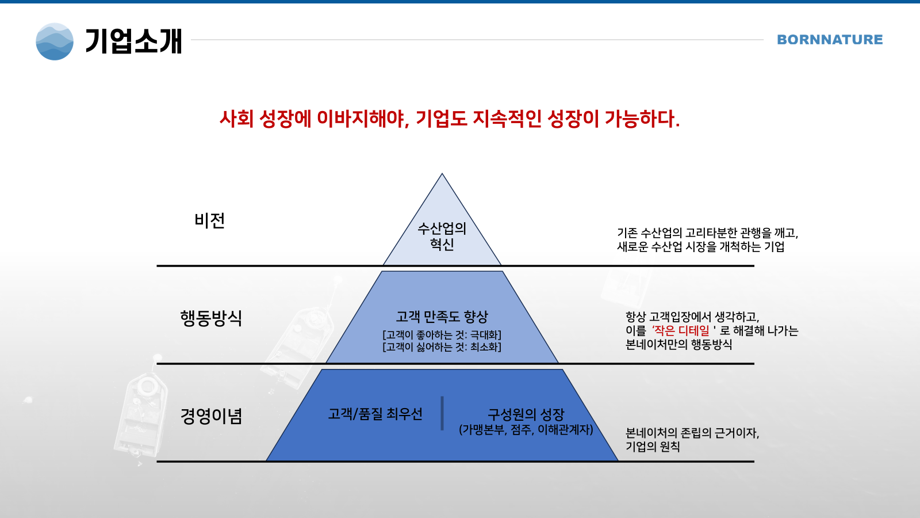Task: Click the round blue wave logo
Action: [x=55, y=41]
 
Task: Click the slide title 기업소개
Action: [x=133, y=41]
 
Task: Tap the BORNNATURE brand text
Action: [x=830, y=40]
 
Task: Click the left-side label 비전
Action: [x=209, y=221]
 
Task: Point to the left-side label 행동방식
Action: [x=211, y=318]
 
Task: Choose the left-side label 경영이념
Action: [x=211, y=416]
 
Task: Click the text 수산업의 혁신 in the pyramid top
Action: [x=442, y=237]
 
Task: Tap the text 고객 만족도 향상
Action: [x=442, y=317]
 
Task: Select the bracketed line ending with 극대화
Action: [x=442, y=335]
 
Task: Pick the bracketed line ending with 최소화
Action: [x=442, y=348]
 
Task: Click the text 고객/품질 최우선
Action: [x=375, y=414]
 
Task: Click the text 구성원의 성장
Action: [x=526, y=414]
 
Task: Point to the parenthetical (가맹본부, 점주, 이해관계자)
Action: [x=526, y=429]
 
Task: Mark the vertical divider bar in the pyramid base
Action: [x=442, y=413]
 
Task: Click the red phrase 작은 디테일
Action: [x=681, y=330]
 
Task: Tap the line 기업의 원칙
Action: [x=653, y=447]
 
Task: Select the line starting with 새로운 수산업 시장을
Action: [x=701, y=247]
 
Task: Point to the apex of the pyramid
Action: [x=442, y=173]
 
